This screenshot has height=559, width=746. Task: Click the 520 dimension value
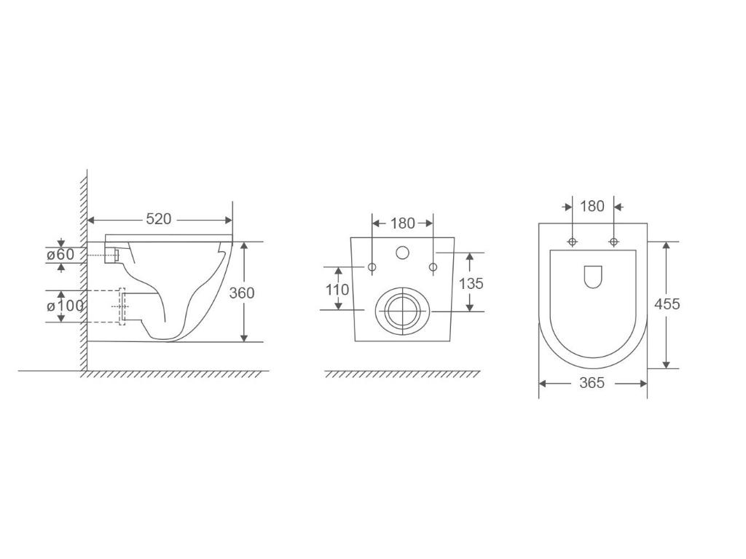click(x=159, y=219)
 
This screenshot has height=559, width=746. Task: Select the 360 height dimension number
click(x=242, y=293)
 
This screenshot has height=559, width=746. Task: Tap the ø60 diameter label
click(x=60, y=255)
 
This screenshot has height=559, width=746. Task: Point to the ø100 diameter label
click(x=65, y=306)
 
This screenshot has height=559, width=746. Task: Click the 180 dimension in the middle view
click(x=402, y=223)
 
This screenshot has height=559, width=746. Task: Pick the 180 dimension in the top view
click(x=592, y=206)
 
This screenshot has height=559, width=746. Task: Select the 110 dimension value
click(x=337, y=289)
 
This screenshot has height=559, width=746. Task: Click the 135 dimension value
click(x=471, y=283)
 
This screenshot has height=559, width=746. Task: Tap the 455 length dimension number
click(x=667, y=304)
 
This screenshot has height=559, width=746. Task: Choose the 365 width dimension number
click(x=592, y=383)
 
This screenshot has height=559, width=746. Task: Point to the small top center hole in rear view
click(x=402, y=253)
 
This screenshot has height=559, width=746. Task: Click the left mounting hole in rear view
click(x=372, y=268)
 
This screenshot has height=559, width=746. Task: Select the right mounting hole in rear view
click(x=433, y=268)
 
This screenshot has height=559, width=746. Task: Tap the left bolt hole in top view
click(x=572, y=241)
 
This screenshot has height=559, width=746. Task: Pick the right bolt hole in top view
click(x=613, y=241)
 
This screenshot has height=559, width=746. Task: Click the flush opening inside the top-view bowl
click(x=593, y=276)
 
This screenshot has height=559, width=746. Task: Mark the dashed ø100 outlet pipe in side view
click(x=122, y=306)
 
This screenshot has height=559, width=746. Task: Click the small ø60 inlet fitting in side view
click(x=114, y=255)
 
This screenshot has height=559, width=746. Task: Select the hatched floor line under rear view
click(x=402, y=374)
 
